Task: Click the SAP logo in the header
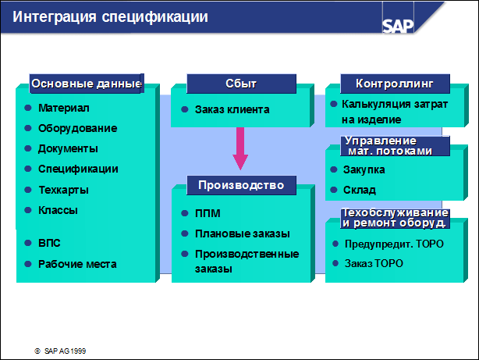[x=398, y=26]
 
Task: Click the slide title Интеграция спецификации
[x=110, y=17]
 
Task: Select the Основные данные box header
[x=87, y=84]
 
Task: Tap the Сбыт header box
[x=241, y=84]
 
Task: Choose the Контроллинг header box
[x=395, y=84]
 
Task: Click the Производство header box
[x=241, y=185]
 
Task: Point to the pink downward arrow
[x=240, y=148]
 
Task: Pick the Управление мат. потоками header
[x=395, y=146]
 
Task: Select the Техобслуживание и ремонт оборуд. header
[x=395, y=218]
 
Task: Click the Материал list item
[x=64, y=108]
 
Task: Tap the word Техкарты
[x=63, y=190]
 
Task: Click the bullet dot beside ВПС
[x=28, y=243]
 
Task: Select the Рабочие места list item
[x=77, y=264]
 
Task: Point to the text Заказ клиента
[x=232, y=109]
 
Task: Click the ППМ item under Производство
[x=208, y=213]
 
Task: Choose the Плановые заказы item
[x=243, y=233]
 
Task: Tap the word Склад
[x=359, y=190]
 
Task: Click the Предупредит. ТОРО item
[x=394, y=244]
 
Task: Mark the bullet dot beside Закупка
[x=334, y=169]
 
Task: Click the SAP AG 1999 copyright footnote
[x=60, y=351]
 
